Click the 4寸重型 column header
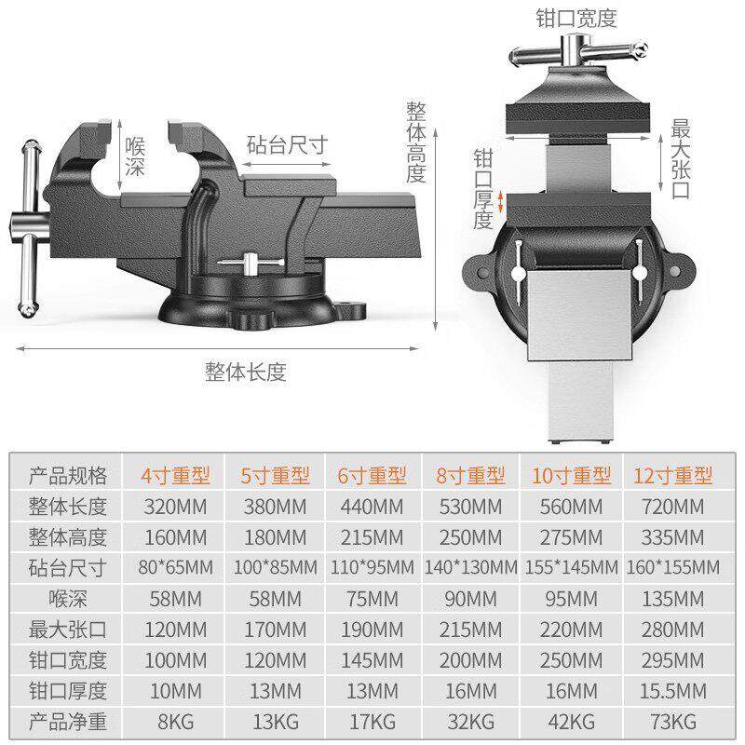176,476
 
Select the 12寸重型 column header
673,476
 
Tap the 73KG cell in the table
673,721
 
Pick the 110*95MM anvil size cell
372,567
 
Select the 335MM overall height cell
673,537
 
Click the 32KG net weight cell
471,721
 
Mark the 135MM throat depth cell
673,598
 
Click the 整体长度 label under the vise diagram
246,372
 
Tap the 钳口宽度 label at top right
576,18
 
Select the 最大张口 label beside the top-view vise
680,160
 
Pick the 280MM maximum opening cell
673,629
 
